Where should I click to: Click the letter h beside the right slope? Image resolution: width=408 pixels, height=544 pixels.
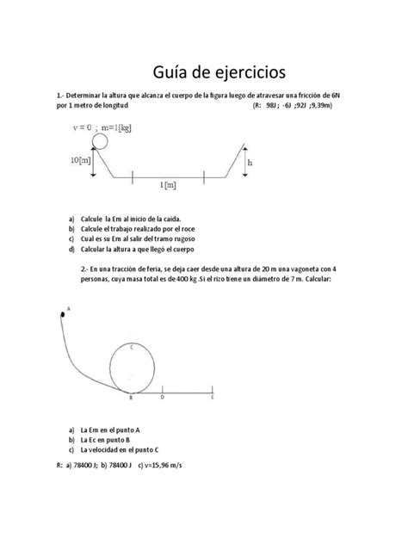coord(250,162)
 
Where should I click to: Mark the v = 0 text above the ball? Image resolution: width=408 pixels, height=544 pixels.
coord(87,128)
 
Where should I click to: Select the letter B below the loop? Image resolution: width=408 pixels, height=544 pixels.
coord(130,398)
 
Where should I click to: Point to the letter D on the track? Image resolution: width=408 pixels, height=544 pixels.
coord(163,398)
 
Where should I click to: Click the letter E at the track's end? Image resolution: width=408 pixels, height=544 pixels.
coord(212,398)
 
